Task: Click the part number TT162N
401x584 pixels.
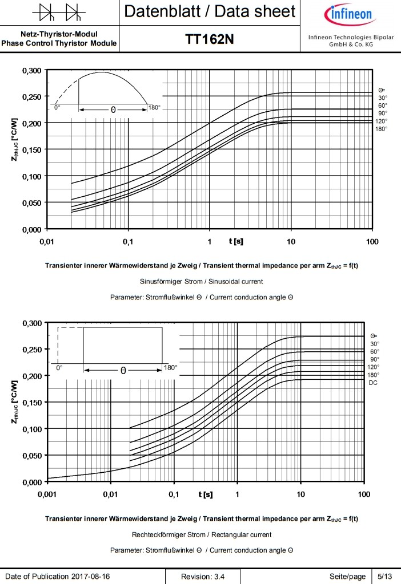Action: [210, 39]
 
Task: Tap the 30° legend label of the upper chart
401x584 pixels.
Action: [382, 98]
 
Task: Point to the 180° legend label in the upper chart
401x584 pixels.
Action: [382, 128]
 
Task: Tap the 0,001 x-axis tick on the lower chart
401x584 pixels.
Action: [47, 494]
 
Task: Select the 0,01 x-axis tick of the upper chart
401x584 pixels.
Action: [46, 242]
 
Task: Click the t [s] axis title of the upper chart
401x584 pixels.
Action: [236, 242]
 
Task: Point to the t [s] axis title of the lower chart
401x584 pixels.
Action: [205, 494]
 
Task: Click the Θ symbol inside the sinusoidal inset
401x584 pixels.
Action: [113, 109]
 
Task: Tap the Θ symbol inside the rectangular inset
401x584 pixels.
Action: [123, 370]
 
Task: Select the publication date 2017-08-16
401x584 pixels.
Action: [91, 577]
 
